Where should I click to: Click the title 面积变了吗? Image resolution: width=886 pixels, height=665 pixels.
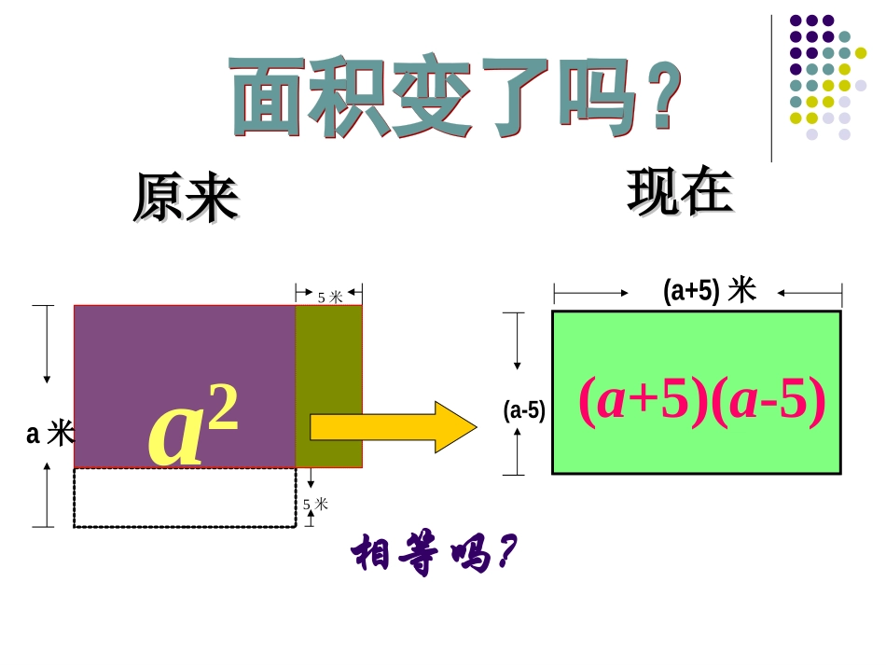[x=452, y=96]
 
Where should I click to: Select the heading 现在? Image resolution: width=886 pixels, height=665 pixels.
[x=680, y=193]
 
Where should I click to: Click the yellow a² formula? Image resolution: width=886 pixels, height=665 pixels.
[x=194, y=427]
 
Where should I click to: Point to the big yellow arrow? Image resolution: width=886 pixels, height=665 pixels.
[x=393, y=426]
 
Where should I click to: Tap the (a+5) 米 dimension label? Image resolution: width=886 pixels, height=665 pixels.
[x=709, y=292]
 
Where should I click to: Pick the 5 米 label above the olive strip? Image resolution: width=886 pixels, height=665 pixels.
[x=330, y=298]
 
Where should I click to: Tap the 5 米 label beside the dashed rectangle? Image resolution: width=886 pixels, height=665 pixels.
[x=316, y=505]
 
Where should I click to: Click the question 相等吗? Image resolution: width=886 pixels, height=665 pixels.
[x=433, y=557]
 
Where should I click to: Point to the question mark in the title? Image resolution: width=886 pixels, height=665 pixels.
[x=658, y=96]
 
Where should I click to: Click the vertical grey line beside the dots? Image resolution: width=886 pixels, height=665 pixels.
[x=771, y=89]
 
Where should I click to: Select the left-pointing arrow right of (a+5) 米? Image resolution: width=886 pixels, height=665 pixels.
[x=808, y=293]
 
